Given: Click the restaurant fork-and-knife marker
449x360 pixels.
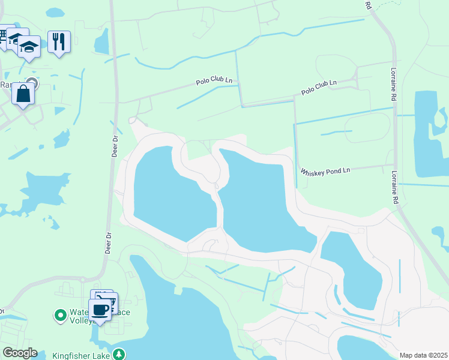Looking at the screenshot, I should [x=59, y=41].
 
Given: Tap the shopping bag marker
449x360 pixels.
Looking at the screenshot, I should [x=23, y=94].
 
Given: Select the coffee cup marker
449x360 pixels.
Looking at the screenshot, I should [x=100, y=310].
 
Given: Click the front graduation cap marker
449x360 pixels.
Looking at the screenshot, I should [x=28, y=46].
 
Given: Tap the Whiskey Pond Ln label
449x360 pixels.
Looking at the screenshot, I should [x=325, y=171].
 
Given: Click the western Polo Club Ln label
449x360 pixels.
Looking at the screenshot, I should [x=214, y=82].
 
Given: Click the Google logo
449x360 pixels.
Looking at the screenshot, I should [x=19, y=353].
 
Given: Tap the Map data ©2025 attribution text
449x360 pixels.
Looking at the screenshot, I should [x=423, y=355].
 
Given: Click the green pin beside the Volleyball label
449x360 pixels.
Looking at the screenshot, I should [x=60, y=314].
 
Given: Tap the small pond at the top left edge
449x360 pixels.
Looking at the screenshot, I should [x=55, y=12].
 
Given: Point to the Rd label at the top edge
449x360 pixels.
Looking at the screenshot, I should [x=368, y=5].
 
